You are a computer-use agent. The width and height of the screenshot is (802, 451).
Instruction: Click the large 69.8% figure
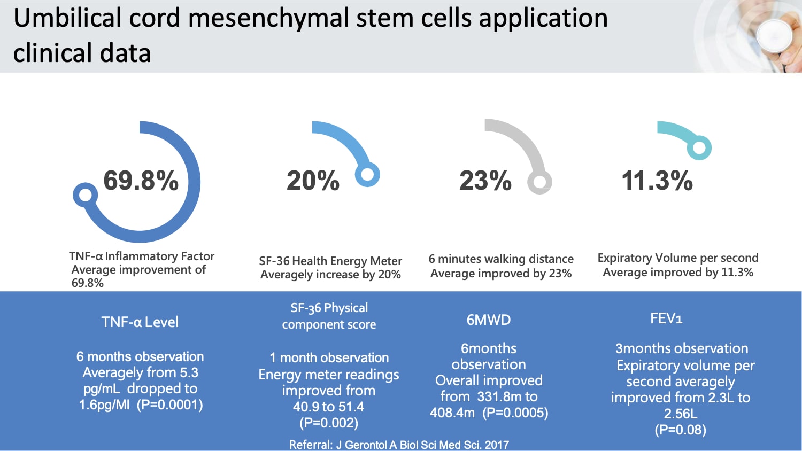pos(141,181)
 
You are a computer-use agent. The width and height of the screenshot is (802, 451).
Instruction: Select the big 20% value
pos(313,181)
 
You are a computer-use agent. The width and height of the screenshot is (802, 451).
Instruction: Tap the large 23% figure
pos(485,181)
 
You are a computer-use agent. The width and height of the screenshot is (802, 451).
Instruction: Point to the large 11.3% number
pos(657,181)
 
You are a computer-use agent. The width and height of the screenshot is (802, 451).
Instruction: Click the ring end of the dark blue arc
pos(85,196)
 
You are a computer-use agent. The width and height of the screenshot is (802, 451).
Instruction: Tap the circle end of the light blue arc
pos(368,174)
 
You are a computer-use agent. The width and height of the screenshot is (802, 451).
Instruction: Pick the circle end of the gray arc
pos(539,182)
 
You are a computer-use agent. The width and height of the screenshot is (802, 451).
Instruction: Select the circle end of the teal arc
pos(699,147)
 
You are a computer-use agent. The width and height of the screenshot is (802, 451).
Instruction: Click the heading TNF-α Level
pos(140,322)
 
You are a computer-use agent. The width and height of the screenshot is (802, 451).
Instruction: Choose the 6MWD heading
pos(489,320)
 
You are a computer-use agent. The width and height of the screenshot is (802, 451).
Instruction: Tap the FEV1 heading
pos(666,318)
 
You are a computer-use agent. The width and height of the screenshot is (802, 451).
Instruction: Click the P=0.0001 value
pos(170,405)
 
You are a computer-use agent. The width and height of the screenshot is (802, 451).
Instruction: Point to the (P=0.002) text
pos(329,423)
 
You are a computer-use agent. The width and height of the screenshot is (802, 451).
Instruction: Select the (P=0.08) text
pos(680,430)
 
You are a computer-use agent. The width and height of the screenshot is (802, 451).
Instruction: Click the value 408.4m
pos(452,413)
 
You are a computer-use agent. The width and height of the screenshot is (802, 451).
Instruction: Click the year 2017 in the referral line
pos(497,445)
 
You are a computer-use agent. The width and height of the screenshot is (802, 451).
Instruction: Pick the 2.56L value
pos(680,414)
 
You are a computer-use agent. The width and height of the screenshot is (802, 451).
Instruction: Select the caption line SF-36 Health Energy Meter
pos(330,261)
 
